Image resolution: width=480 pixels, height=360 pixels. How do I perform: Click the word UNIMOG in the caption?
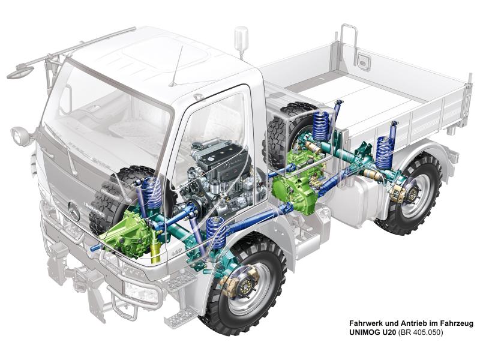[x=364, y=332]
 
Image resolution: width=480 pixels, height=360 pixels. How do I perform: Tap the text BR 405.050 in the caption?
[x=420, y=332]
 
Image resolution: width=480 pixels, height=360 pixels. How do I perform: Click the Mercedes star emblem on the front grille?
[x=74, y=211]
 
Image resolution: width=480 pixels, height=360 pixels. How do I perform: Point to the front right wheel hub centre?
[x=245, y=288]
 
